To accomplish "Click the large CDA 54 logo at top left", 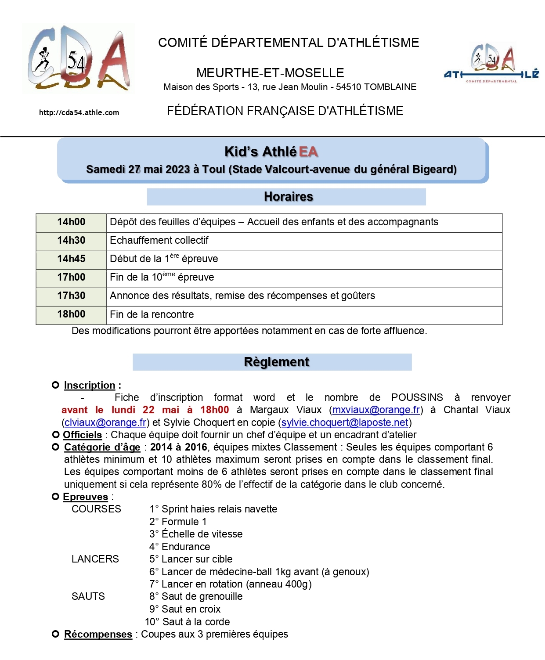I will tap(78, 58).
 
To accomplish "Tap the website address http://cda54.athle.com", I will tap(79, 112).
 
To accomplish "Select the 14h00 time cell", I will tap(71, 222).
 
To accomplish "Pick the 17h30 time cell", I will tap(71, 296).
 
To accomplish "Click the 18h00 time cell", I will tap(71, 314).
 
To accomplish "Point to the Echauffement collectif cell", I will tap(159, 241).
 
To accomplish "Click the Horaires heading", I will tap(288, 197).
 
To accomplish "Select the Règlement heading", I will tap(276, 362).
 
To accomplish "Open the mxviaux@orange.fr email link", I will tap(376, 410).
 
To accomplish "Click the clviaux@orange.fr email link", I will tap(105, 422).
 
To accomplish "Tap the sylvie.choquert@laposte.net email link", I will tap(345, 422).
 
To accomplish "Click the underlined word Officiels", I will tap(82, 435).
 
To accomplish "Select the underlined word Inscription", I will tap(90, 386).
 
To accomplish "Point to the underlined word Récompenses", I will tap(98, 635).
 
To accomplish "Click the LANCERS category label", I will tap(95, 559).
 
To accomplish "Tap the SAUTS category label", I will tap(88, 597).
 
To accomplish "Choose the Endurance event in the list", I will tap(185, 547).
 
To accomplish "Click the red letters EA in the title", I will tap(308, 152).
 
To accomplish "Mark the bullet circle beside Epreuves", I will tap(55, 497).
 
